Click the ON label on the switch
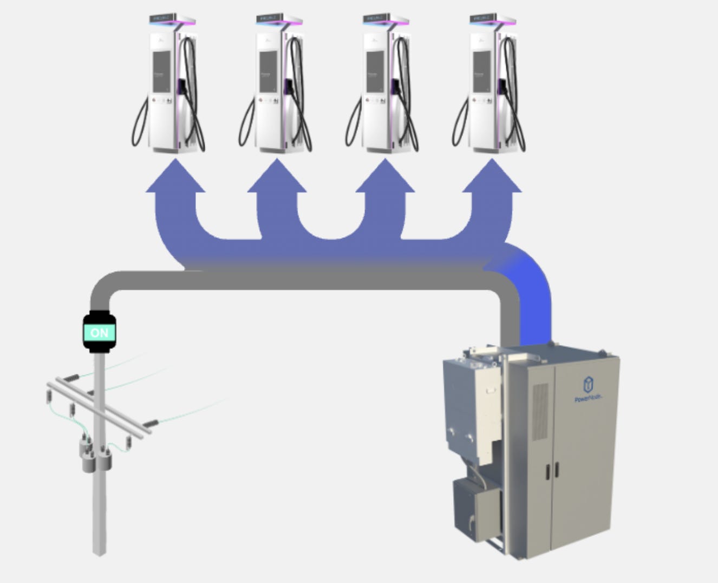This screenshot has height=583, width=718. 99,332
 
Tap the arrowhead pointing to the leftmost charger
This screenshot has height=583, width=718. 175,177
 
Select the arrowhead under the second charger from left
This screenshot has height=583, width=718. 277,177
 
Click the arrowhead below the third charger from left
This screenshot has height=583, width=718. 385,177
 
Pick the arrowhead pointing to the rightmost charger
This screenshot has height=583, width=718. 492,177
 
